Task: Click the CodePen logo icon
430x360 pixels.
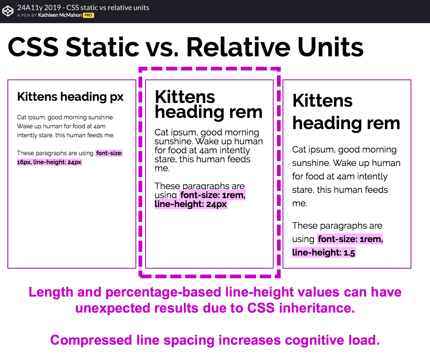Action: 8,11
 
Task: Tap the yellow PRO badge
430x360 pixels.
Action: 88,15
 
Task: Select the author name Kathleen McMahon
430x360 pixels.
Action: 60,15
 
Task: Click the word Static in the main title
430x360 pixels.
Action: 103,47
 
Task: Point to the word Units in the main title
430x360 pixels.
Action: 330,47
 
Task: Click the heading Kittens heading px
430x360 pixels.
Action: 70,97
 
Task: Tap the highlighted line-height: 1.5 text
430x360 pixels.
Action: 324,253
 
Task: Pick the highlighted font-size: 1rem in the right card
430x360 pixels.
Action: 350,239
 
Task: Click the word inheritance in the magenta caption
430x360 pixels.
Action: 317,308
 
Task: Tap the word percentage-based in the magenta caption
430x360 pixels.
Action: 163,292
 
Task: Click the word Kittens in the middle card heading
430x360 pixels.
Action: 185,97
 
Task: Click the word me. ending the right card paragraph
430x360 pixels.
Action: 300,203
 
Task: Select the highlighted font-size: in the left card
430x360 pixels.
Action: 109,153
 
